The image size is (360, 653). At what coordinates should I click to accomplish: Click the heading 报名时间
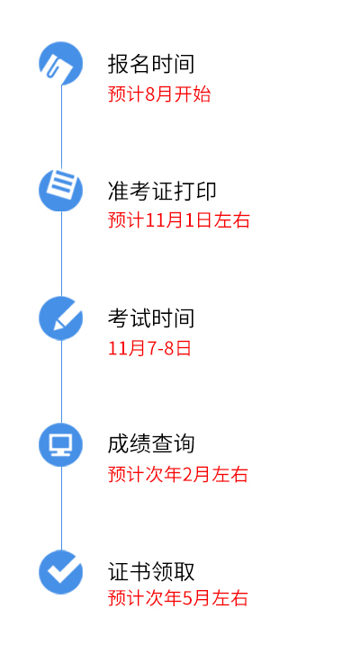(151, 64)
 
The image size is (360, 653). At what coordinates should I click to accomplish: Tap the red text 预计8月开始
(159, 94)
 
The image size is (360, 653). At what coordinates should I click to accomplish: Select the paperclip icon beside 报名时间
(61, 64)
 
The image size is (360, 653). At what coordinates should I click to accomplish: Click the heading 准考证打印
(162, 192)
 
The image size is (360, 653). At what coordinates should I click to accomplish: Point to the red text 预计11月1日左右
(179, 219)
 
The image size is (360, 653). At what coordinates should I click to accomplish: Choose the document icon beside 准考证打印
(61, 190)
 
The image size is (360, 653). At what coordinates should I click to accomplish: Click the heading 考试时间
(151, 318)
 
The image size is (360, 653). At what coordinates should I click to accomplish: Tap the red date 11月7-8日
(149, 348)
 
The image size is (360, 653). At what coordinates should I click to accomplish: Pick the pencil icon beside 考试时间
(61, 318)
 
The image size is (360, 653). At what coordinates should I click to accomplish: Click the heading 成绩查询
(151, 444)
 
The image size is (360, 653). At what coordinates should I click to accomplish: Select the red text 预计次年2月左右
(178, 474)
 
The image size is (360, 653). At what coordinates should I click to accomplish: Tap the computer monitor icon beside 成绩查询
(61, 444)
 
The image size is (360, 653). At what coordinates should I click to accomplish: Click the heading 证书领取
(151, 571)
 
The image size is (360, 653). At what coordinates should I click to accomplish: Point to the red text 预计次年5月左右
(178, 598)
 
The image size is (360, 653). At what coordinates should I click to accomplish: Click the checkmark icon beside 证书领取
(61, 572)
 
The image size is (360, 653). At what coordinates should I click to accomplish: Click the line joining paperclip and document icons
(62, 127)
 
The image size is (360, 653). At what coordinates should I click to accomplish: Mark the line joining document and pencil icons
(62, 254)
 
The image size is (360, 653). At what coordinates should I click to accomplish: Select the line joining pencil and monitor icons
(62, 381)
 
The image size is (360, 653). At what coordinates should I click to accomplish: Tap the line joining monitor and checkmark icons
(62, 508)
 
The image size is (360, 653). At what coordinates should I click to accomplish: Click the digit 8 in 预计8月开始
(150, 94)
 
